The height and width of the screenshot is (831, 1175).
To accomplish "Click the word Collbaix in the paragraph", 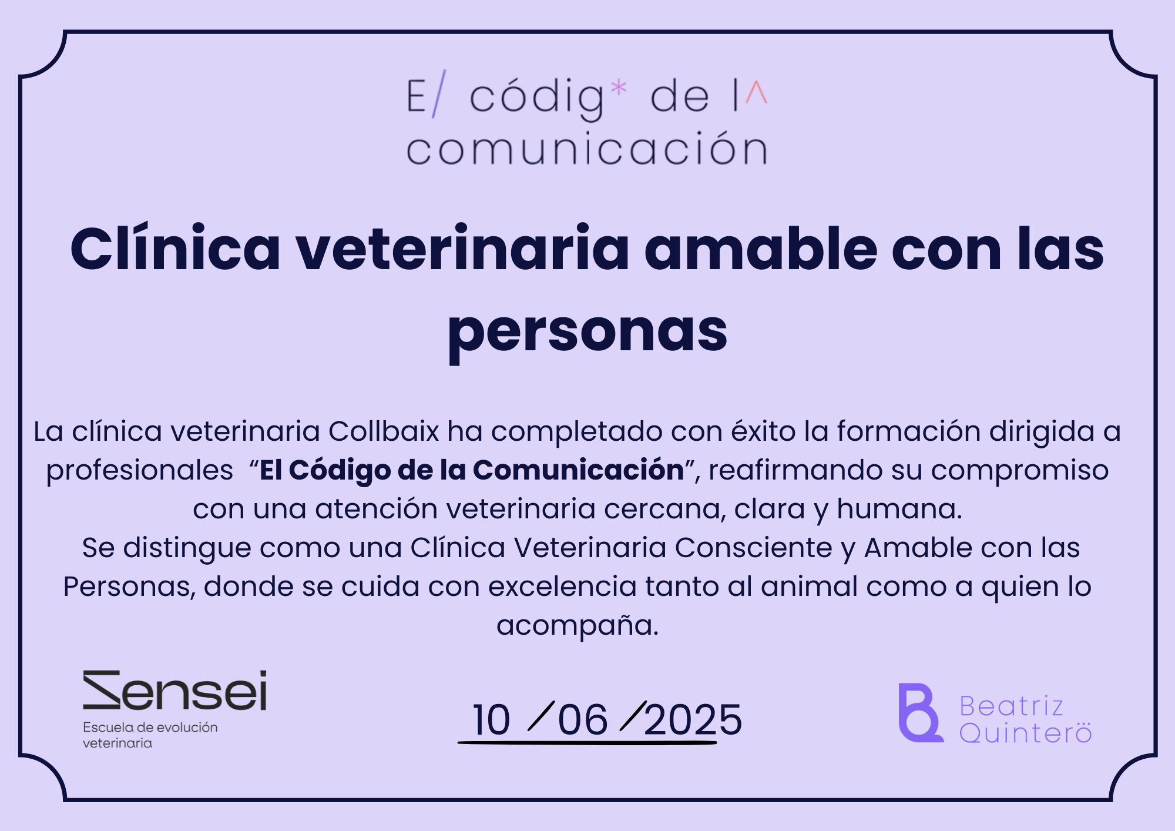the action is click(383, 431).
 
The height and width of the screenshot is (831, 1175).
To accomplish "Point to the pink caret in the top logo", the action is click(756, 93).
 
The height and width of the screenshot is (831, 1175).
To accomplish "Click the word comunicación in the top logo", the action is click(587, 149).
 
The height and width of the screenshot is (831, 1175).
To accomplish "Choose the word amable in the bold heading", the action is click(761, 249).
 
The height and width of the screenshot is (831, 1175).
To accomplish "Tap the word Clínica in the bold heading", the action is click(175, 248).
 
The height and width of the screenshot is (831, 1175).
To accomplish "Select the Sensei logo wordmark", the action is click(175, 690).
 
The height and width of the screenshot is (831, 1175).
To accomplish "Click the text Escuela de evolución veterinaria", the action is click(150, 735).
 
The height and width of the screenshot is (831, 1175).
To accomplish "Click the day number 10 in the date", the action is click(491, 720).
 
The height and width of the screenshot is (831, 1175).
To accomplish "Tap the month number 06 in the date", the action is click(583, 720).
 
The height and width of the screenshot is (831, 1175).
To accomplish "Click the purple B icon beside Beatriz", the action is click(920, 713).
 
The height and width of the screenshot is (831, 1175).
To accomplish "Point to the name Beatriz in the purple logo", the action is click(1011, 706).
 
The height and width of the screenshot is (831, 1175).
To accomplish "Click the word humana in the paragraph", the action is click(899, 509).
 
